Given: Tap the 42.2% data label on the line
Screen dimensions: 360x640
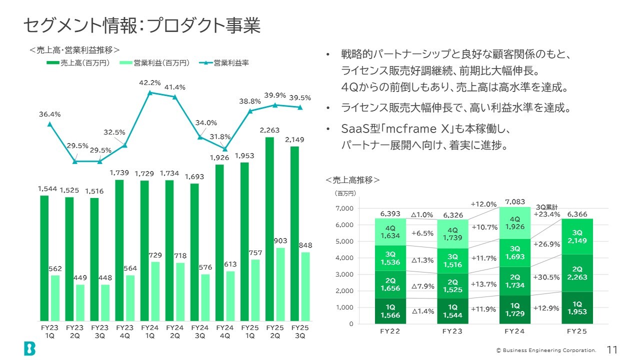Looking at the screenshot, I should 149,83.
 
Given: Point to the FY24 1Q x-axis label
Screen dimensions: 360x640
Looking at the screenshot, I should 149,331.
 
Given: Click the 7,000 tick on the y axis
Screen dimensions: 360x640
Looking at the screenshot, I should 344,208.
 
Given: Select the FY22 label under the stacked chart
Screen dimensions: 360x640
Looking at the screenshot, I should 390,331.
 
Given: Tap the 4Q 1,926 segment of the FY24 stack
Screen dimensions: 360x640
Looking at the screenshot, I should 515,223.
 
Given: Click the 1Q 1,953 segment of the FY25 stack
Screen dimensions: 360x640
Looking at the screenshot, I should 577,307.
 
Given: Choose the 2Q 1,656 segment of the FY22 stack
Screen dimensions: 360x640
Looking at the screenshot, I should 390,284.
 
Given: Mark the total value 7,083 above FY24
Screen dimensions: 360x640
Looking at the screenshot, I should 515,202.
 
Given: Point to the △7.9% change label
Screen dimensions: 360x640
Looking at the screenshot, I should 422,286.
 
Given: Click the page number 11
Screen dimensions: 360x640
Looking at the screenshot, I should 612,349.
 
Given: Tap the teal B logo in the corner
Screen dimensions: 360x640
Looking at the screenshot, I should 29,348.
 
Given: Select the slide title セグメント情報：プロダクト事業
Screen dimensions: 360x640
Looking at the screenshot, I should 142,25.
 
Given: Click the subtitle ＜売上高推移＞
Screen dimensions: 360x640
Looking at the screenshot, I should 353,179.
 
